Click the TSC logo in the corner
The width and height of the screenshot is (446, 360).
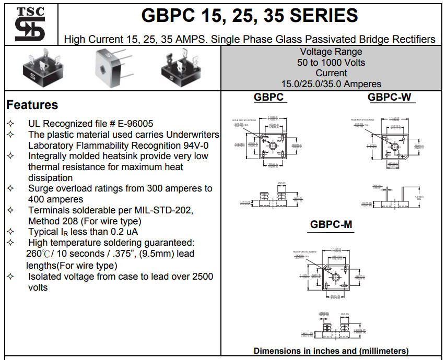[x=30, y=24]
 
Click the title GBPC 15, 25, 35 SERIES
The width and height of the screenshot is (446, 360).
[x=250, y=16]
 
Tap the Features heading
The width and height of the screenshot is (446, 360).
[x=32, y=105]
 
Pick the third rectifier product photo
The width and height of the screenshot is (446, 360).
[x=180, y=68]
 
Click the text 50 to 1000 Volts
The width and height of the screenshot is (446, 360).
[x=331, y=63]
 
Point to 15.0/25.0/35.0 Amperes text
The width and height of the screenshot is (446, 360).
[x=331, y=84]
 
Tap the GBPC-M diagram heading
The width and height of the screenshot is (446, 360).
[x=331, y=225]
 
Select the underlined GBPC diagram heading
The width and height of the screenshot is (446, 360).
[x=268, y=97]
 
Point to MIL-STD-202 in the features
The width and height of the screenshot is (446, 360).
[x=162, y=210]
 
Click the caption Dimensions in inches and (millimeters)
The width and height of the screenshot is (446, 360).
[x=331, y=351]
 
